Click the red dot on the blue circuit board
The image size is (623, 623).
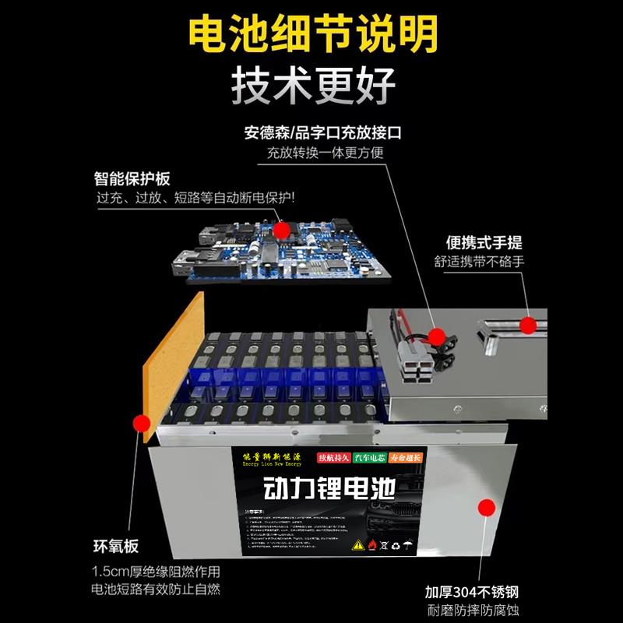[282, 230]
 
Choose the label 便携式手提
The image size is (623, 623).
[476, 242]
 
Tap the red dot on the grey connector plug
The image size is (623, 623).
[438, 336]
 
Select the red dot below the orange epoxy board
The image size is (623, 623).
[141, 424]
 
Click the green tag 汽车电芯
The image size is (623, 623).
[374, 458]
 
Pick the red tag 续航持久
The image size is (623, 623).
[333, 458]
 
